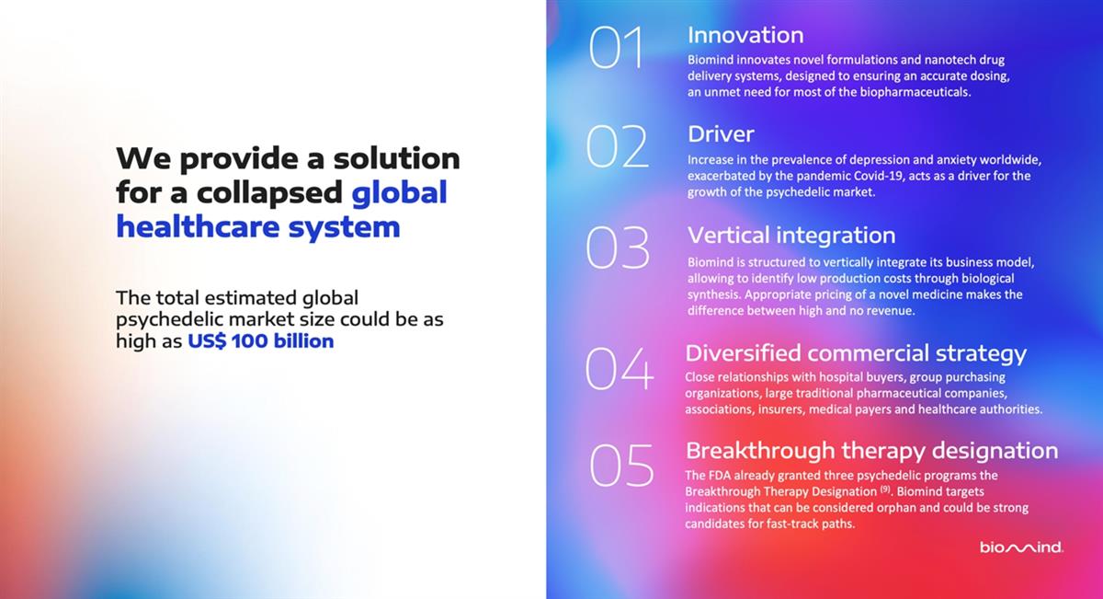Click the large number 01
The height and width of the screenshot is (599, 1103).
pyautogui.click(x=617, y=47)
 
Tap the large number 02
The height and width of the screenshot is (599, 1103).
pyautogui.click(x=617, y=146)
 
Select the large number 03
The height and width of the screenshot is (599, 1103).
pyautogui.click(x=618, y=248)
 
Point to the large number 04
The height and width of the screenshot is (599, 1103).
pyautogui.click(x=620, y=368)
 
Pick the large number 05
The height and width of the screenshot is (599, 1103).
pyautogui.click(x=621, y=466)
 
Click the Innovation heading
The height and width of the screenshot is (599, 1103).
pyautogui.click(x=745, y=35)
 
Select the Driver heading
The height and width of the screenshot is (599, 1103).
pyautogui.click(x=721, y=134)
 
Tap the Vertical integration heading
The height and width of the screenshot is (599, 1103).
pyautogui.click(x=791, y=236)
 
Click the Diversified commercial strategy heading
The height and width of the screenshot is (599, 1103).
pyautogui.click(x=856, y=353)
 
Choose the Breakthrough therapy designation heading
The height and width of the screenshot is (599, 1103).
pyautogui.click(x=871, y=451)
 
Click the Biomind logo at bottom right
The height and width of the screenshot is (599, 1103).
pyautogui.click(x=1021, y=547)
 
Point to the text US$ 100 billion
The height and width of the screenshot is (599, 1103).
pyautogui.click(x=260, y=341)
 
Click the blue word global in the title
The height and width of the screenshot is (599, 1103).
pyautogui.click(x=399, y=192)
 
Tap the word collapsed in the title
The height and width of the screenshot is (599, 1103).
pyautogui.click(x=269, y=193)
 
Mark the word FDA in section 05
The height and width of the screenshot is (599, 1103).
pyautogui.click(x=720, y=476)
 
